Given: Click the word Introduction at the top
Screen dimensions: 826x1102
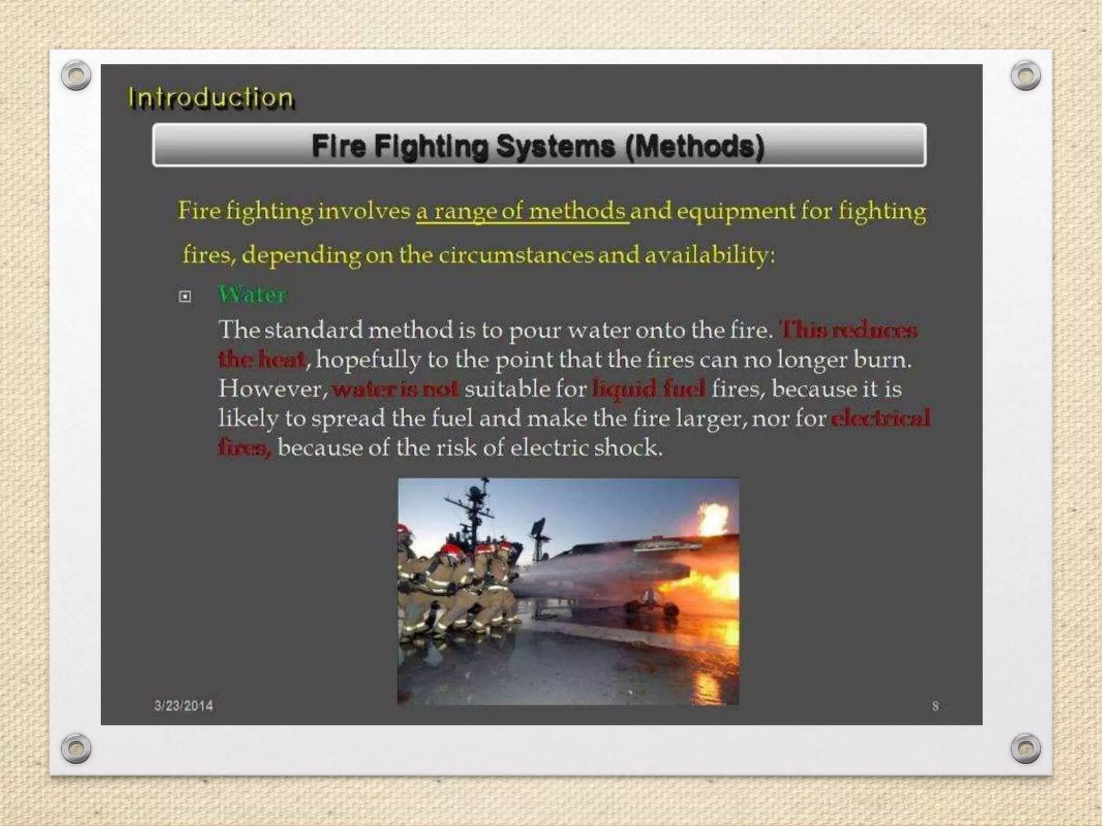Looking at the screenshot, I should (x=210, y=98).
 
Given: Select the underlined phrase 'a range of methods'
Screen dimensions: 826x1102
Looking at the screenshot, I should (x=522, y=211).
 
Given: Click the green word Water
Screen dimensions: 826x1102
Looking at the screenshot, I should (x=252, y=295).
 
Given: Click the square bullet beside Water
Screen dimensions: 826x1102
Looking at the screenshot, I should (x=185, y=296).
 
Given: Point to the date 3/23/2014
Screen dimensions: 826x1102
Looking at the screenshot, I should (x=183, y=706).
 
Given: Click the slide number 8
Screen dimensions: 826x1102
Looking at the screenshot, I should (x=935, y=706).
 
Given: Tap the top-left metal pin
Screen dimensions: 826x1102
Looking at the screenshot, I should (x=76, y=75).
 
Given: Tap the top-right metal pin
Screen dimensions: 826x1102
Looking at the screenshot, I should (x=1026, y=75).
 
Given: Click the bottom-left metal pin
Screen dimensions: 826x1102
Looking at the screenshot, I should (x=76, y=748).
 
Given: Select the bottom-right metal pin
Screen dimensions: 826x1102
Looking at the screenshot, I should (x=1026, y=748).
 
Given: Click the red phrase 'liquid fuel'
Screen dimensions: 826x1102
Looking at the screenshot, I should (x=648, y=388).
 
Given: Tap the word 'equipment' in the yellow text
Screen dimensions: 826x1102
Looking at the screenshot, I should (x=735, y=211).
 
